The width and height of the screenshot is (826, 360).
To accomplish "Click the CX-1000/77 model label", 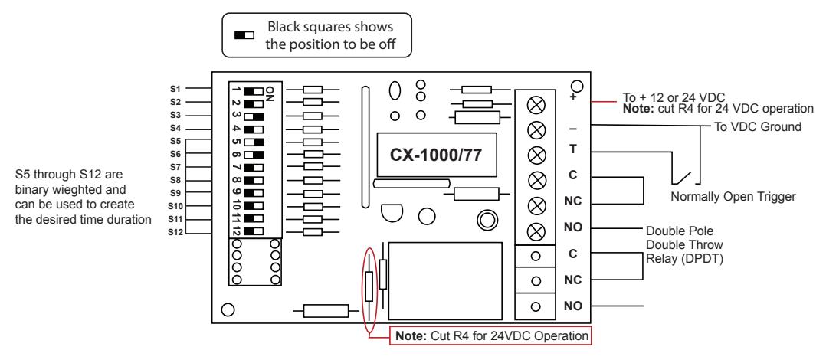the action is (435, 155).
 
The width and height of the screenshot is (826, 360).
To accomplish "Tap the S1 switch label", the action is (175, 89).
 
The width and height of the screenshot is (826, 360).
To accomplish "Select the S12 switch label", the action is (175, 232).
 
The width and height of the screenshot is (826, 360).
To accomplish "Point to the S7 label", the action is (175, 167).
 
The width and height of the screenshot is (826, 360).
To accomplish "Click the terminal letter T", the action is (573, 149).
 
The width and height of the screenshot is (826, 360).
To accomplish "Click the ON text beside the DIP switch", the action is (270, 93).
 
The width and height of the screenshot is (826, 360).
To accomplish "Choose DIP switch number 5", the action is (254, 142).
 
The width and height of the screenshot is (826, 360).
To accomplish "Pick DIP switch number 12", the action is (254, 231).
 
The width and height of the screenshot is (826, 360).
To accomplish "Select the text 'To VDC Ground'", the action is (758, 127).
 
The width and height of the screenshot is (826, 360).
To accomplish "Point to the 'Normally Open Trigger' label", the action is (733, 197).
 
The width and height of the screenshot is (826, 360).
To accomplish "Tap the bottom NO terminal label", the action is (573, 306).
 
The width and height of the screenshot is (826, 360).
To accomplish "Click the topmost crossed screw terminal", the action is (536, 105).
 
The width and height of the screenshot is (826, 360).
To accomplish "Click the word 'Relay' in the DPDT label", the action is (660, 259).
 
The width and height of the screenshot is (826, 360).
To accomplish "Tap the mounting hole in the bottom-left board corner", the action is (228, 310).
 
